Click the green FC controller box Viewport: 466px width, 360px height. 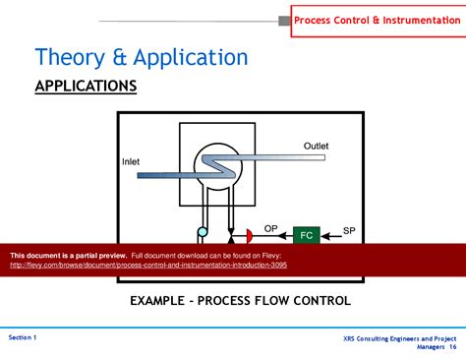point(307,235)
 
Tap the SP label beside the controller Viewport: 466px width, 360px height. point(349,230)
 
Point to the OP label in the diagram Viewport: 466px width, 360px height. point(270,228)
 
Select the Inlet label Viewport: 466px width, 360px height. point(132,161)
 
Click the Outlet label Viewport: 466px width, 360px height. point(316,146)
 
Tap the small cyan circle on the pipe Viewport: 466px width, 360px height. point(204,232)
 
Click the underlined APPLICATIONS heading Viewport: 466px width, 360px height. point(86,87)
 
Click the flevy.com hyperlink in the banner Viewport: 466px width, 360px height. point(147,265)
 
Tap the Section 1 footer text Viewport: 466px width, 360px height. point(23,337)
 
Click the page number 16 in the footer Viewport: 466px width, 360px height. point(453,347)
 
